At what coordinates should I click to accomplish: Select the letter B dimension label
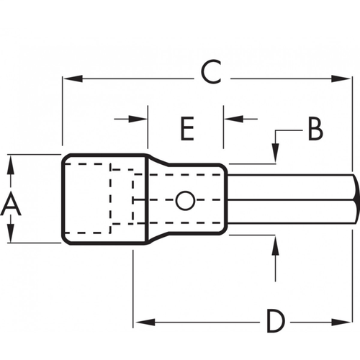[315, 129]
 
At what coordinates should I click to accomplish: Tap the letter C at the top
[210, 72]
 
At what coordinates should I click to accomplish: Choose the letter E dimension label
[186, 129]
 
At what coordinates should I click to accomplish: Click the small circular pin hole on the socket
[185, 199]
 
